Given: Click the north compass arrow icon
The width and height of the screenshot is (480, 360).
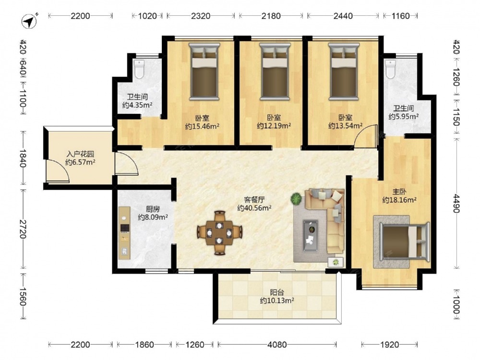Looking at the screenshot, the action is coord(29,21).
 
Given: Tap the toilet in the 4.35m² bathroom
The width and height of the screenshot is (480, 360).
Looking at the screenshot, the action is coord(139,69).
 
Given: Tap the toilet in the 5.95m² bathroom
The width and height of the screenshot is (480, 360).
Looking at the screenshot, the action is coord(390,69).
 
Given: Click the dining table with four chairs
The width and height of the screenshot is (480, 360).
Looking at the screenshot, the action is coord(219,233).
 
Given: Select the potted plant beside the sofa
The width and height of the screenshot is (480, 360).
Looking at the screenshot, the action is coord(296,199).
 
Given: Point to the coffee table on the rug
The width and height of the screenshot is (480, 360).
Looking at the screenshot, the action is coord(311,236).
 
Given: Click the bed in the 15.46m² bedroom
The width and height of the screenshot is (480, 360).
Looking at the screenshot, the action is coord(204,72).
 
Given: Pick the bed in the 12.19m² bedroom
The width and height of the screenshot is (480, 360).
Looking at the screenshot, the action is coord(275,72).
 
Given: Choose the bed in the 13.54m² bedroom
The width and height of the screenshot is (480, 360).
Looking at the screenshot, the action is coord(344,72).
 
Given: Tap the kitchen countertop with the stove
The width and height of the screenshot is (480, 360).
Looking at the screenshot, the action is coord(124,233).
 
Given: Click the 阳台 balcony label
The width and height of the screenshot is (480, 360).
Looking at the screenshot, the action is coord(277,292).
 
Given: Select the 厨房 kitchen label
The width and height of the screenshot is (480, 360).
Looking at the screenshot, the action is coord(153,209).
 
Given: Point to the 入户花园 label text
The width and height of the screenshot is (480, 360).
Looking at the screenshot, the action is coord(80,154).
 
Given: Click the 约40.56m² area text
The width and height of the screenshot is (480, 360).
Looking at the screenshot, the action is coord(255,208).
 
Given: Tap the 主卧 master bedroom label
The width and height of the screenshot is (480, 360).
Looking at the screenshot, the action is coord(399,192).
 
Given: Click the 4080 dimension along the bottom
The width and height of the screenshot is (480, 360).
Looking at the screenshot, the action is coord(277,345).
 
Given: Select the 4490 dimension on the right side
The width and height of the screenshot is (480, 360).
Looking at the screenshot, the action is coord(456,203).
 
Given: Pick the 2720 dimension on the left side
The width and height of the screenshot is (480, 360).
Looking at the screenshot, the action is coord(23,228).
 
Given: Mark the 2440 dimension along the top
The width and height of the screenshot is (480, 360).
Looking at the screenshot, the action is coord(343,16).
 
